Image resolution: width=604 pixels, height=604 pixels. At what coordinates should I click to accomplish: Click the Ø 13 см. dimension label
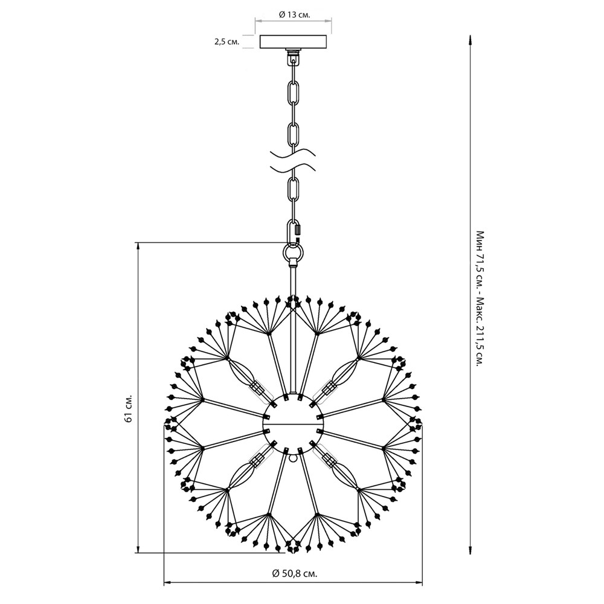click(x=295, y=14)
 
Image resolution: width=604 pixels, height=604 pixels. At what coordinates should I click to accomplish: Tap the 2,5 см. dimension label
click(x=227, y=42)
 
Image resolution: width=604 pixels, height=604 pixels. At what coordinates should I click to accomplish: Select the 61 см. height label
click(x=129, y=408)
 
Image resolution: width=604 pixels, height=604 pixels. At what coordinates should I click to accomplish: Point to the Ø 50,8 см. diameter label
click(x=295, y=573)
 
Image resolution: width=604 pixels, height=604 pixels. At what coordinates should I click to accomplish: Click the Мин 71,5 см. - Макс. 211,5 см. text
click(x=480, y=298)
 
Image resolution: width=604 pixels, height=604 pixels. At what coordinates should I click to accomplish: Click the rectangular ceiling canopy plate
click(x=294, y=42)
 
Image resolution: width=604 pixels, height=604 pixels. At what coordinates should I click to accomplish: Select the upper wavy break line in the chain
click(x=294, y=153)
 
